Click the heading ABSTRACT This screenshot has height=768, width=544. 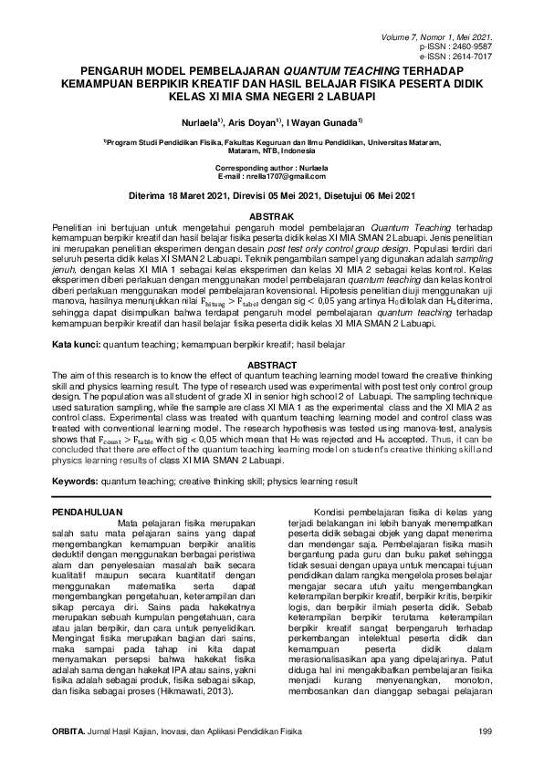click(x=271, y=364)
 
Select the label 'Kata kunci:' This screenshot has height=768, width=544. click(x=76, y=347)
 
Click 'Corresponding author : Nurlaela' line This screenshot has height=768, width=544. click(x=271, y=169)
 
